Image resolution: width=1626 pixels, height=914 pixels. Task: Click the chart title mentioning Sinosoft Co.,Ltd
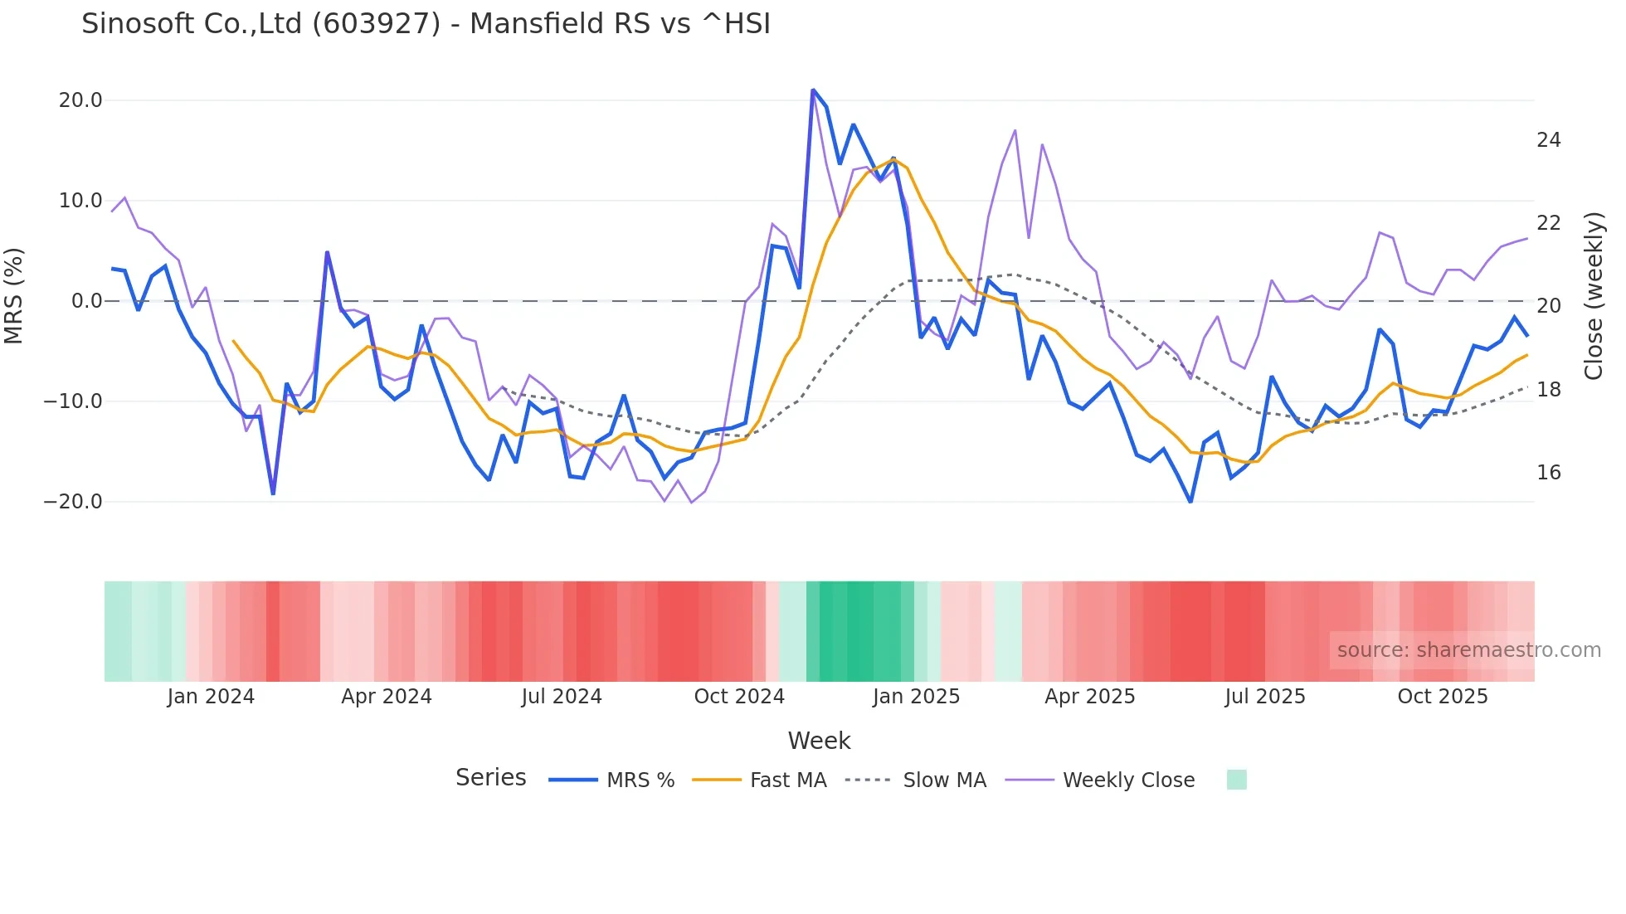coord(426,24)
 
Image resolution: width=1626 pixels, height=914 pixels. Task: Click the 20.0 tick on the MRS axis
coord(80,100)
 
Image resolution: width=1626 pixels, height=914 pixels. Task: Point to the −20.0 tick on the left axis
coord(73,502)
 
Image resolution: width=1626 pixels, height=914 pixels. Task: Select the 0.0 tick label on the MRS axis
coord(87,301)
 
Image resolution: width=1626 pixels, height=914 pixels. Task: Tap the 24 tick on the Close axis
coord(1548,140)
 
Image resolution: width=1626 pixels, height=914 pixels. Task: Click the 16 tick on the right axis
coord(1548,473)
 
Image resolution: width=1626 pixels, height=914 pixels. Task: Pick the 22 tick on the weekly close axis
coord(1548,223)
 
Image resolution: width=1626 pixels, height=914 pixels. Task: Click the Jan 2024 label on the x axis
coord(211,697)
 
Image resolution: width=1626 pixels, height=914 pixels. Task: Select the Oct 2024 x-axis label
coord(739,697)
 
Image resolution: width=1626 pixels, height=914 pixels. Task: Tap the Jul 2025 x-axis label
coord(1265,697)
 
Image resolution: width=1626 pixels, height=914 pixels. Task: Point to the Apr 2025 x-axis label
coord(1089,697)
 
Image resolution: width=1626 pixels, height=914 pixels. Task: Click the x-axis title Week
coord(819,741)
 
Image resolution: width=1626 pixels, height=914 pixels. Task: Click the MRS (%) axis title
coord(14,295)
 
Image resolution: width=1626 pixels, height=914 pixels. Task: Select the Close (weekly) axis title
coord(1593,295)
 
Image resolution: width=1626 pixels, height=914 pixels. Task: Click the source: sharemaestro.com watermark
coord(1468,650)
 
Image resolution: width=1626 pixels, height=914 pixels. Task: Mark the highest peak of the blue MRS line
coord(813,90)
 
